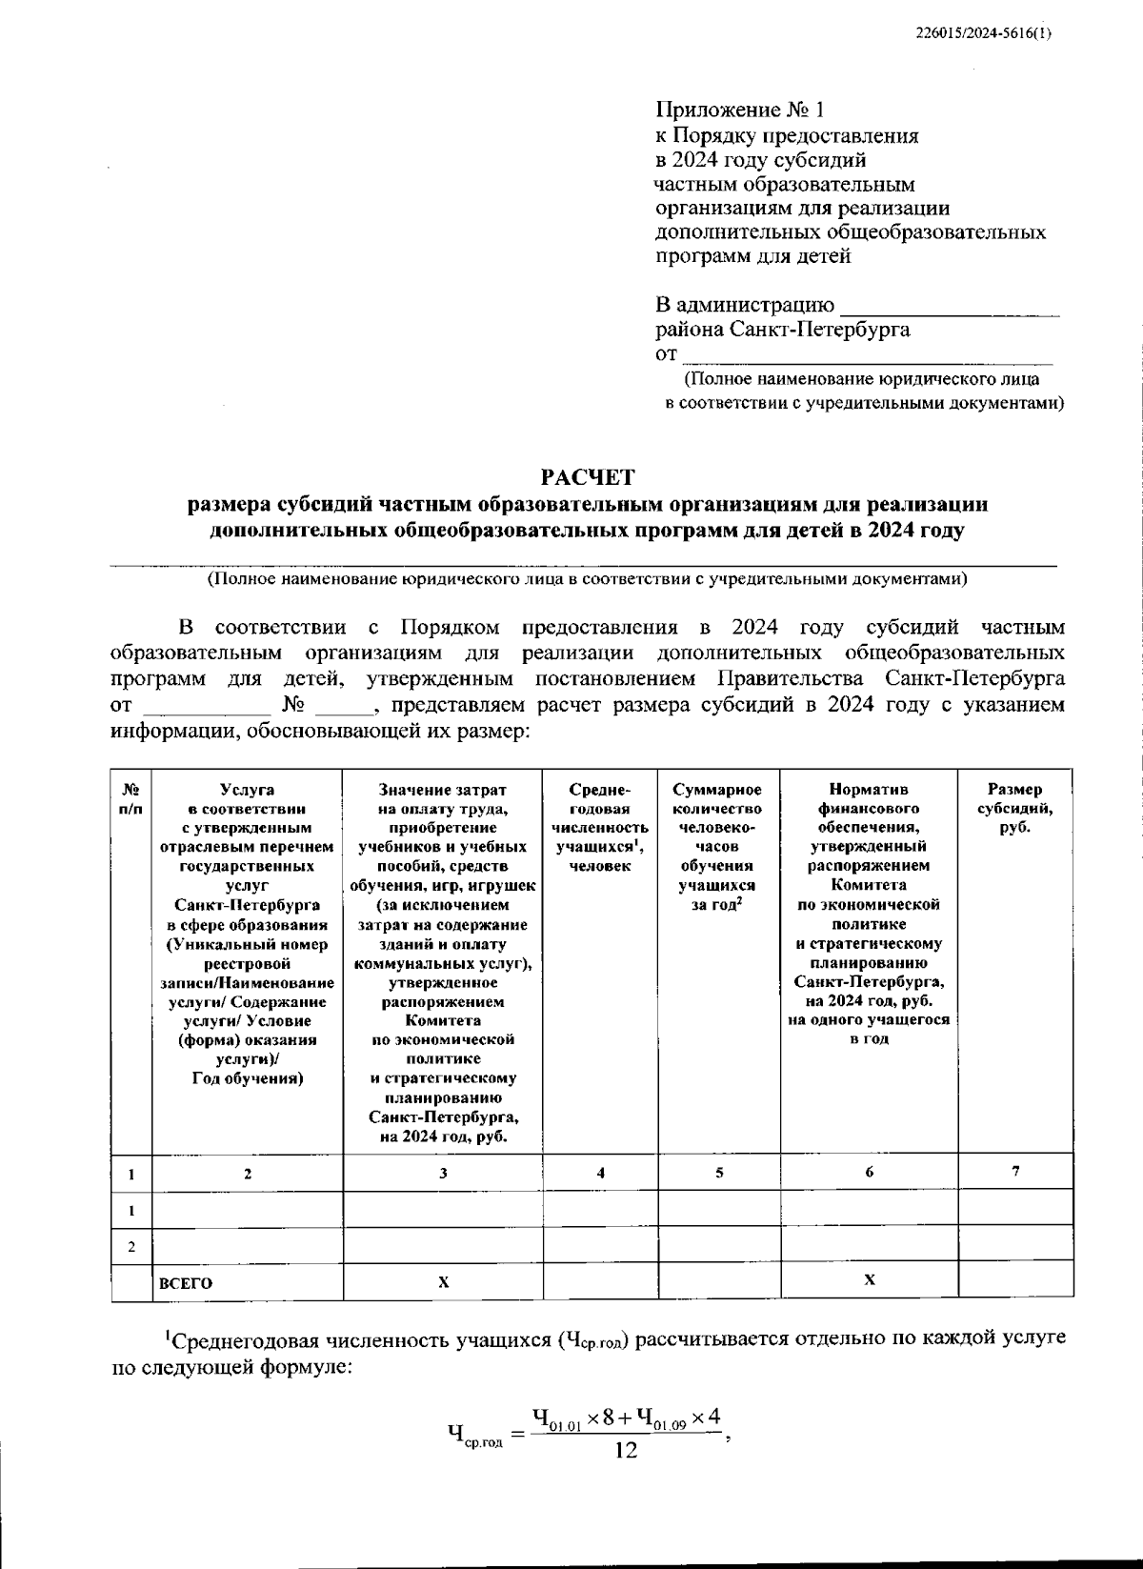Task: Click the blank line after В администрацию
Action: point(950,308)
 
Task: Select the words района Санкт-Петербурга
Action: point(782,331)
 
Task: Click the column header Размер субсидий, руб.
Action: point(1014,808)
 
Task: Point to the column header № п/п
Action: point(131,798)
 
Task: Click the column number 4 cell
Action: point(600,1174)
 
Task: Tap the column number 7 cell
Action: point(1015,1172)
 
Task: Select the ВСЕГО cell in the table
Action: point(187,1283)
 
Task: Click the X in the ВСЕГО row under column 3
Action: point(443,1282)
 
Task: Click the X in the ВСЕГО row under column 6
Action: point(869,1280)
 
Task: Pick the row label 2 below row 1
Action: point(131,1247)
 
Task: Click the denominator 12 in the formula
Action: point(626,1451)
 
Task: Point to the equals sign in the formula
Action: point(518,1433)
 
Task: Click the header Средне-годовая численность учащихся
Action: point(600,827)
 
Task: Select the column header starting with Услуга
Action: point(248,933)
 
